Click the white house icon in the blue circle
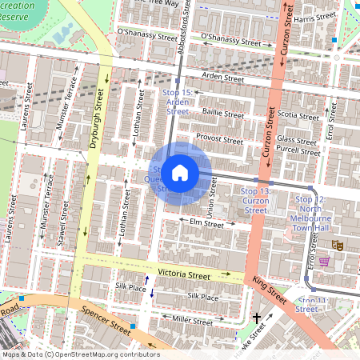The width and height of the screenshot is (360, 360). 180,173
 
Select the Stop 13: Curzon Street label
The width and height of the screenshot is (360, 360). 255,201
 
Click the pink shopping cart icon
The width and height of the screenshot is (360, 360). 324,261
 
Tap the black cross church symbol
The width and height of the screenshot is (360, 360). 257,318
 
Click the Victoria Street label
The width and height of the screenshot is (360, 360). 183,274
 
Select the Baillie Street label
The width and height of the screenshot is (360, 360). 223,114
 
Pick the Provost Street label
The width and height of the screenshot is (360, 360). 219,139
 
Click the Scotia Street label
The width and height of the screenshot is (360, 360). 298,114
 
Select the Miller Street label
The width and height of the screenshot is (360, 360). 193,321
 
